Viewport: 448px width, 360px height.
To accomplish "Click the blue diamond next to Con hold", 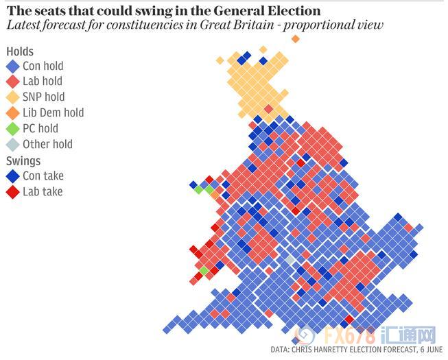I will click(12, 67).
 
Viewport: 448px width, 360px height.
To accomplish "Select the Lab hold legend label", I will click(43, 82).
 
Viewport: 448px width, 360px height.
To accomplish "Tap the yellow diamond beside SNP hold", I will click(12, 97).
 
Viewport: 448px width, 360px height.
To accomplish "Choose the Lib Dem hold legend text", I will click(53, 112).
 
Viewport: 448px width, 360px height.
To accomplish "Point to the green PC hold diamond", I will click(12, 129).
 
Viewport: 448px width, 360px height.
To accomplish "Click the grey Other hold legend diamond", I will click(12, 145).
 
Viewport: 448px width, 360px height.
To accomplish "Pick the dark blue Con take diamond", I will click(12, 176).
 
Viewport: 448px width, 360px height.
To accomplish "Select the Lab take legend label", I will click(43, 191).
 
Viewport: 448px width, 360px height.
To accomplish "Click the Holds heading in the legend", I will click(20, 51).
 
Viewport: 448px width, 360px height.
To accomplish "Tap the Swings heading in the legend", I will click(23, 161).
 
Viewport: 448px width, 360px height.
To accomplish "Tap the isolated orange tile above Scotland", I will click(296, 38).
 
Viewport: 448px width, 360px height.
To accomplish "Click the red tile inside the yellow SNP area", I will click(269, 109).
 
